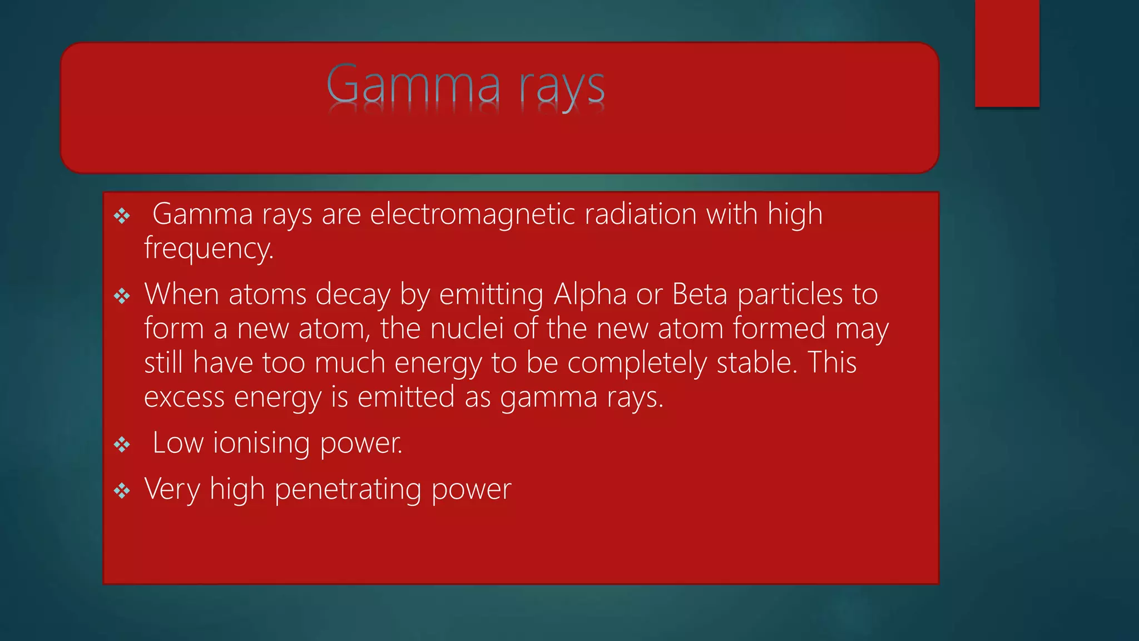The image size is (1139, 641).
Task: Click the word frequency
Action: [209, 249]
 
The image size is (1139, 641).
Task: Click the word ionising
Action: [262, 443]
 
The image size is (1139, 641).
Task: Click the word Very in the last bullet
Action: [172, 490]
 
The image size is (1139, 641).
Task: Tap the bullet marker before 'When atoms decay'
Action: [122, 296]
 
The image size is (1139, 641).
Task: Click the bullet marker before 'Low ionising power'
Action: [122, 445]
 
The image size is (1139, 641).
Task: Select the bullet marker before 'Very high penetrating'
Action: [122, 491]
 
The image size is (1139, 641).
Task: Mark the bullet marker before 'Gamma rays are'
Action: [122, 216]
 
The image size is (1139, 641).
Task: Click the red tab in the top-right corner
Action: [1007, 53]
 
